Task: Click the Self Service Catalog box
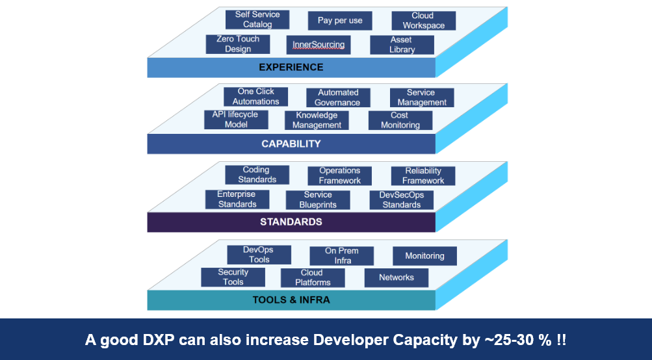click(x=257, y=19)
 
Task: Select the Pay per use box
click(x=340, y=21)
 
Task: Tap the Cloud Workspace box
click(x=423, y=21)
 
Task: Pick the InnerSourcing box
click(x=319, y=44)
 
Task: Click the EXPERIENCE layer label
click(x=291, y=67)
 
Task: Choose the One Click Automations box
click(x=255, y=97)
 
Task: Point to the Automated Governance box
click(x=337, y=97)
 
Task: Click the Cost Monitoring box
click(x=400, y=120)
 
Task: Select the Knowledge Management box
click(x=317, y=120)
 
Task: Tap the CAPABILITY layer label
click(x=291, y=144)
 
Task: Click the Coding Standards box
click(x=257, y=175)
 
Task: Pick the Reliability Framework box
click(x=423, y=176)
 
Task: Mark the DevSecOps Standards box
click(x=401, y=199)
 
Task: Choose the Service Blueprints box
click(x=318, y=199)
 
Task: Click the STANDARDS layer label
click(x=291, y=222)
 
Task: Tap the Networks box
click(x=396, y=277)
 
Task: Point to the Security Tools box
click(x=233, y=277)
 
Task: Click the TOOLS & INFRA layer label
click(x=291, y=300)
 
